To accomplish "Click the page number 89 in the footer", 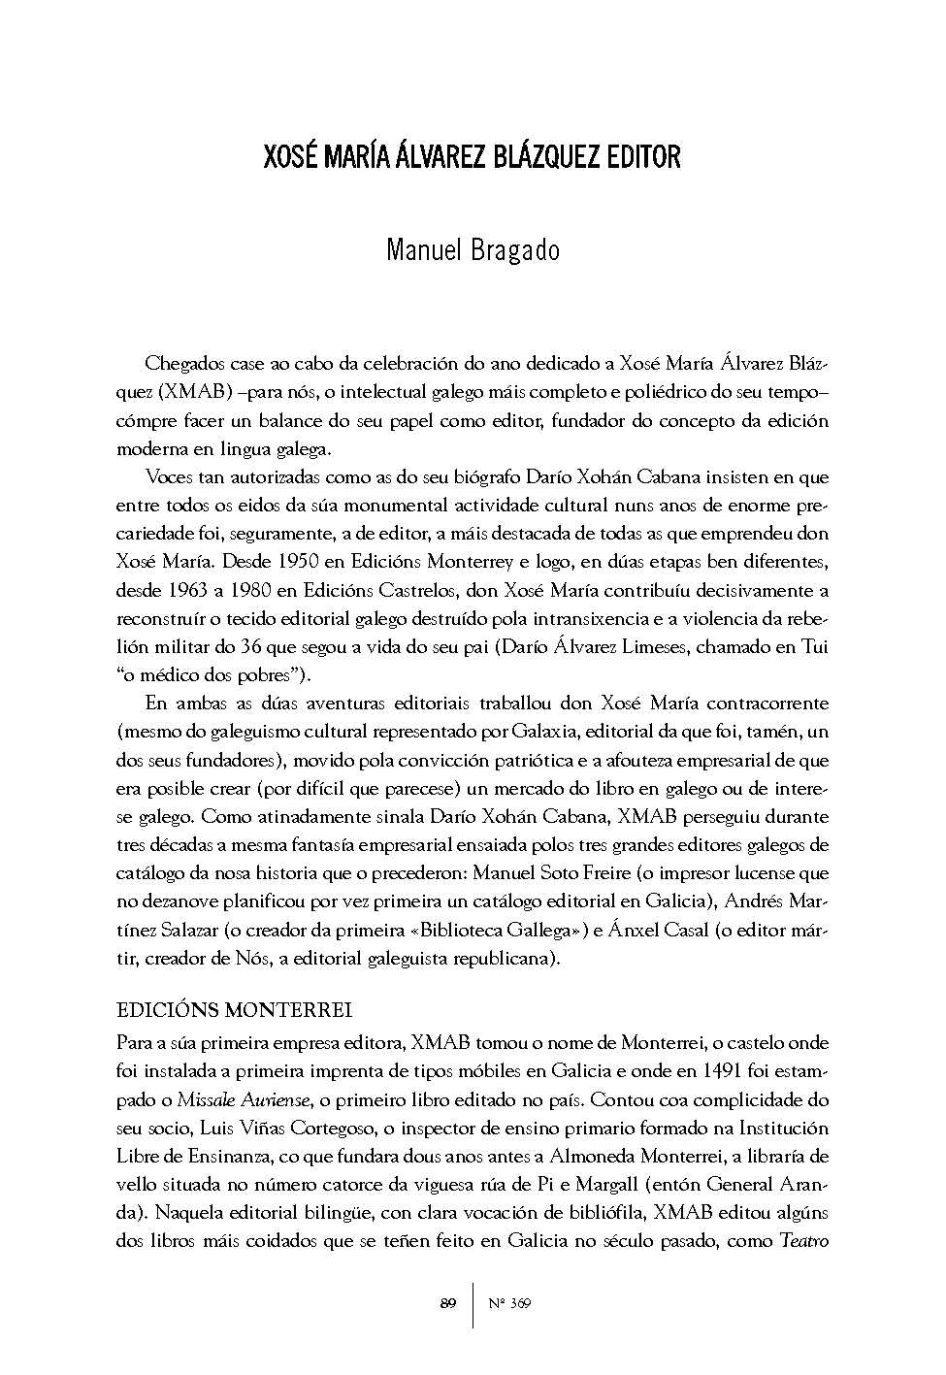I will (447, 1303).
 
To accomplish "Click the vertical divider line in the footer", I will (473, 1303).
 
